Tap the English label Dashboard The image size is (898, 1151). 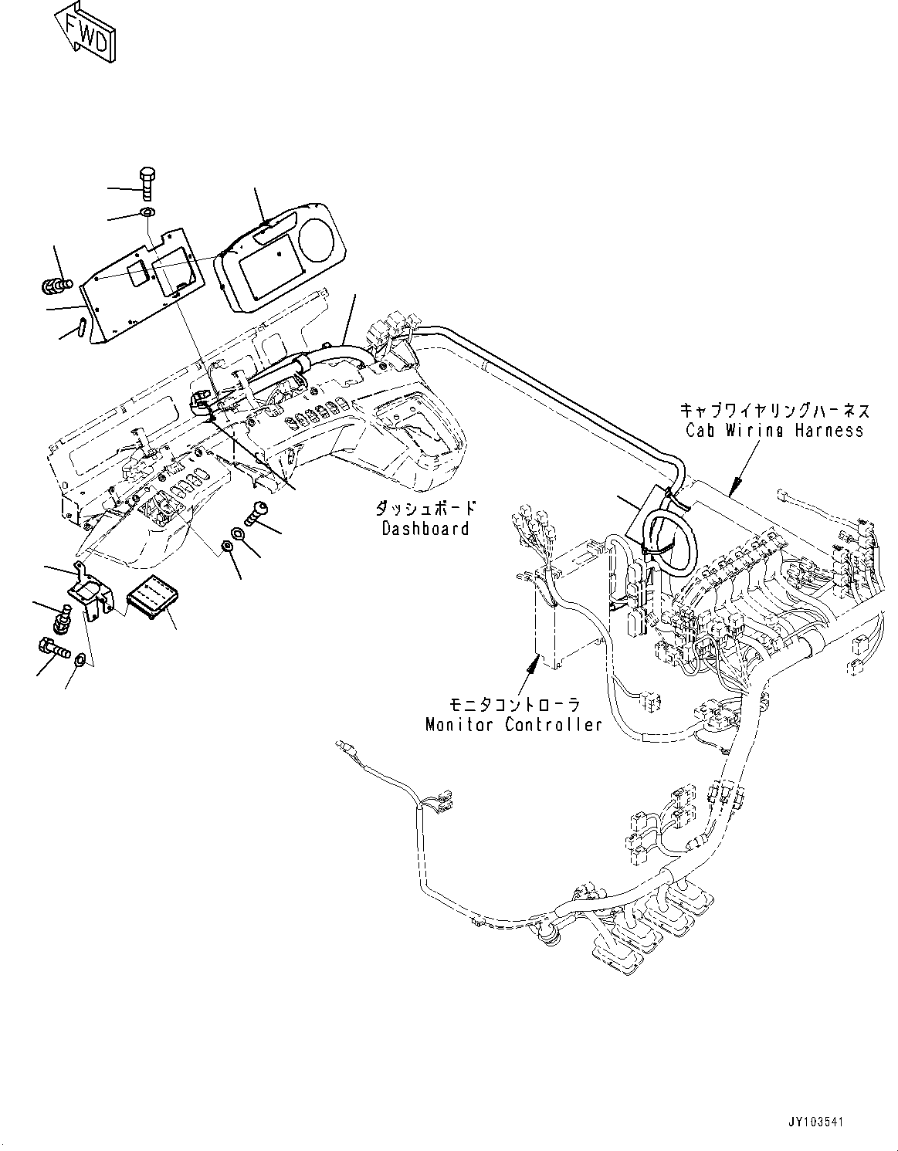(425, 529)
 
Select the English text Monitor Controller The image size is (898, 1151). (513, 725)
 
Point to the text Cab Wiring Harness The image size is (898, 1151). (774, 431)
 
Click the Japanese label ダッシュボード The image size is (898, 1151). (425, 509)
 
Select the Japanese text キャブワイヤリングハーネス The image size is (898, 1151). (774, 410)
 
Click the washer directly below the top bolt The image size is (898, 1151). (147, 213)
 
